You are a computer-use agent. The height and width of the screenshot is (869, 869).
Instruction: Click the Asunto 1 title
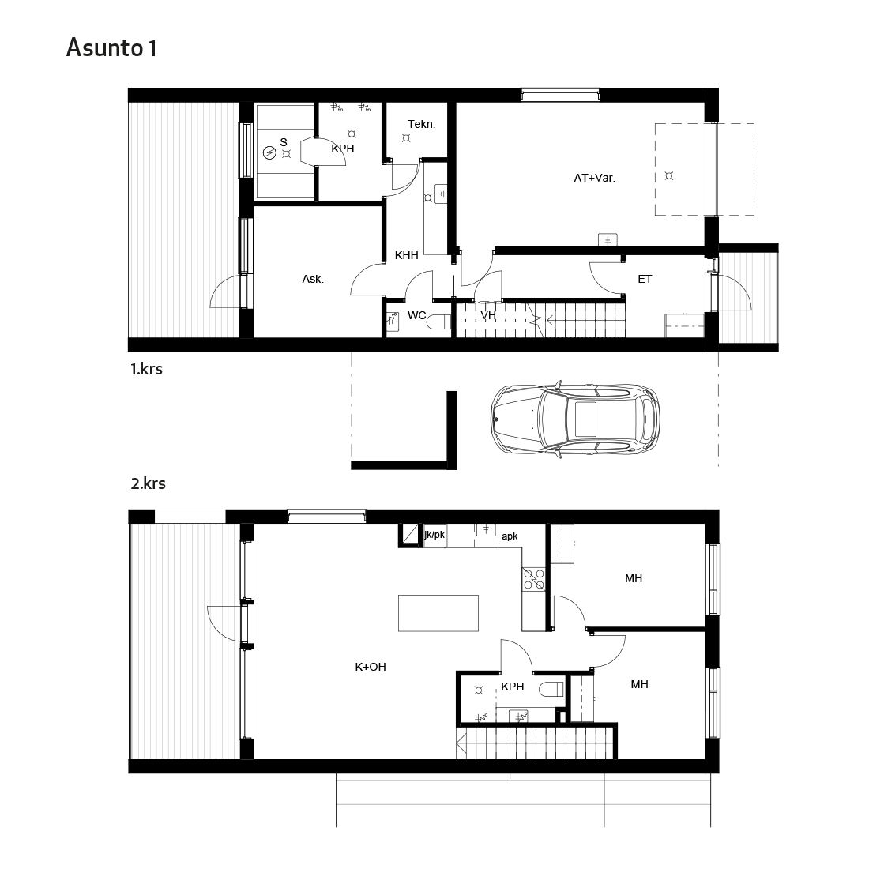pos(111,47)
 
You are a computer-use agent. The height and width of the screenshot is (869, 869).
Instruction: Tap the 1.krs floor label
pos(146,369)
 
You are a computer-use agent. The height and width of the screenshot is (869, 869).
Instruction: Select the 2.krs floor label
pos(148,483)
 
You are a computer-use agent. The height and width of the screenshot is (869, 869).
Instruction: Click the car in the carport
pos(575,419)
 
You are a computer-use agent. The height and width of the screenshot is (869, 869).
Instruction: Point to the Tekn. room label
pos(422,124)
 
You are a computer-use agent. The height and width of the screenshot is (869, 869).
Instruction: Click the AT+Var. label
pos(595,178)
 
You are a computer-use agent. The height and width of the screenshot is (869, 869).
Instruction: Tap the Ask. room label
pos(313,280)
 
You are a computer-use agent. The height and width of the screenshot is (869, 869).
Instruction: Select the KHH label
pos(406,255)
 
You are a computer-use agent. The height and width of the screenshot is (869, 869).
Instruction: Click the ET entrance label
pos(645,279)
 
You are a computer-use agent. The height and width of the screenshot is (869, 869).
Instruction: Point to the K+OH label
pos(371,667)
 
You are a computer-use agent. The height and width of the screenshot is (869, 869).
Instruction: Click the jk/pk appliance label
pos(434,535)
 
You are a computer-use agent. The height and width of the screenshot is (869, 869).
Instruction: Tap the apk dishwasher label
pos(510,536)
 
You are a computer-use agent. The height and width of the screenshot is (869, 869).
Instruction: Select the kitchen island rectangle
pos(438,613)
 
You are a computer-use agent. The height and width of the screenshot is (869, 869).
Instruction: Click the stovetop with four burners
pos(534,579)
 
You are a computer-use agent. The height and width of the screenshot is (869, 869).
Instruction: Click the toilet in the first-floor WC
pos(441,322)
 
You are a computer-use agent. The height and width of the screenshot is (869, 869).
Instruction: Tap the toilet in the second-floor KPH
pos(551,690)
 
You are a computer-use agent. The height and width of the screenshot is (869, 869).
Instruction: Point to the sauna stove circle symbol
pos(269,152)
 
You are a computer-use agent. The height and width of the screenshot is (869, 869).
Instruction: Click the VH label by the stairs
pos(487,315)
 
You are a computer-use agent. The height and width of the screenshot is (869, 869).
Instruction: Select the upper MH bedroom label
pos(634,578)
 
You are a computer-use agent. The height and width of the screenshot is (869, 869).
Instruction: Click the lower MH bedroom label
pos(639,684)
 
